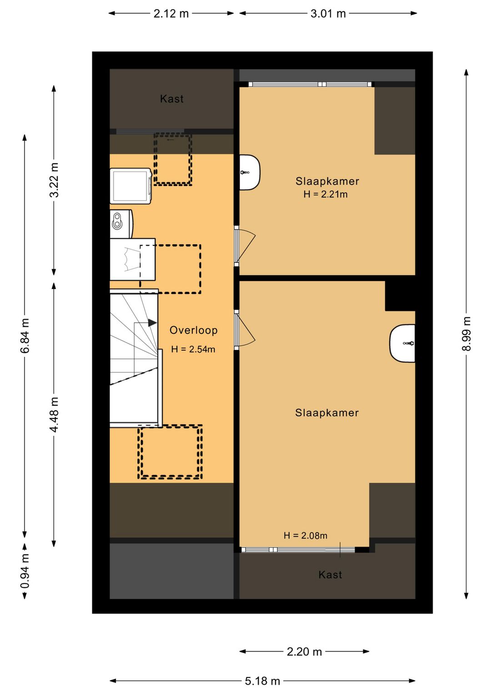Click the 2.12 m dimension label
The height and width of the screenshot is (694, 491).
pyautogui.click(x=171, y=14)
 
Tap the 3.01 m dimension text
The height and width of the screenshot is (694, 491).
pyautogui.click(x=328, y=14)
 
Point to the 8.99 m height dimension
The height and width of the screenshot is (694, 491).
pyautogui.click(x=466, y=334)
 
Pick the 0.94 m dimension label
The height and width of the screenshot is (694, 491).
pyautogui.click(x=25, y=571)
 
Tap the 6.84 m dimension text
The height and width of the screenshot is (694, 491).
pyautogui.click(x=25, y=336)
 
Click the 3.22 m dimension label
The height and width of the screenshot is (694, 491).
pyautogui.click(x=54, y=180)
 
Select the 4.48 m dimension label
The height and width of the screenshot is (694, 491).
pyautogui.click(x=54, y=415)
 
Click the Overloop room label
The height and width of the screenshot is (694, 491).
pyautogui.click(x=194, y=330)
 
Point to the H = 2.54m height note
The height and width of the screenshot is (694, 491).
pyautogui.click(x=193, y=349)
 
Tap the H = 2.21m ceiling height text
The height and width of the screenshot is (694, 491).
pyautogui.click(x=325, y=194)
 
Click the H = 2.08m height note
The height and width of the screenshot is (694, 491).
pyautogui.click(x=306, y=535)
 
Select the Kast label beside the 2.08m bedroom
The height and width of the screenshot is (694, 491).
pyautogui.click(x=330, y=575)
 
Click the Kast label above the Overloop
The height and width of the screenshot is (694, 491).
pyautogui.click(x=172, y=99)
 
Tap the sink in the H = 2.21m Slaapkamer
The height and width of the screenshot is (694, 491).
pyautogui.click(x=250, y=172)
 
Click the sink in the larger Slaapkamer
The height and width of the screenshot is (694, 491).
pyautogui.click(x=402, y=343)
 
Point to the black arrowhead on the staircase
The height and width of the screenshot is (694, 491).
pyautogui.click(x=152, y=323)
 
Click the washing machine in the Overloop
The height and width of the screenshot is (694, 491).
pyautogui.click(x=131, y=186)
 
